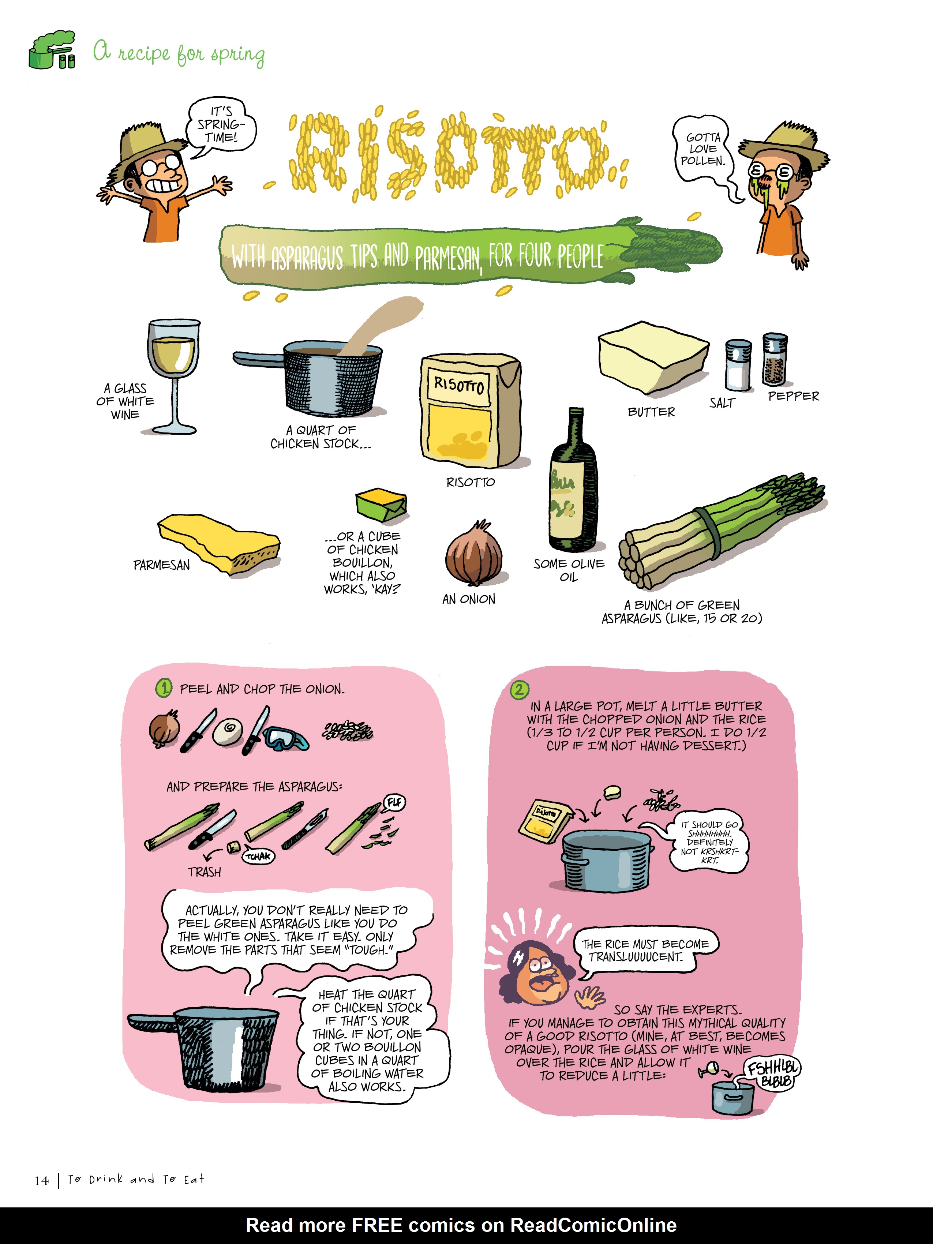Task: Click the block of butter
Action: click(652, 358)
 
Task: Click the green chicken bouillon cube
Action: click(381, 505)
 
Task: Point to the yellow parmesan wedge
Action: click(219, 543)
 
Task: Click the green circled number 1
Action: click(164, 688)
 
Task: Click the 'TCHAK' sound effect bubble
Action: click(259, 857)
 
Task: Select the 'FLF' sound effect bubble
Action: click(394, 802)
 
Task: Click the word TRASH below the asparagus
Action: click(204, 872)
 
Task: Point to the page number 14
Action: click(42, 1180)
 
